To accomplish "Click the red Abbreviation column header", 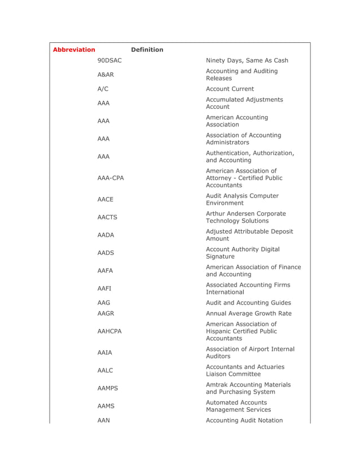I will (x=74, y=50).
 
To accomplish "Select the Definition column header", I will (x=147, y=50).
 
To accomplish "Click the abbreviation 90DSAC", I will (x=109, y=60).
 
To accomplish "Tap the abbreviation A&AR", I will (x=106, y=74).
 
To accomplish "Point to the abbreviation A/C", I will (x=103, y=89).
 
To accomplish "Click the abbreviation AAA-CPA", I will (x=111, y=178).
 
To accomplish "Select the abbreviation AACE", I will (x=106, y=199).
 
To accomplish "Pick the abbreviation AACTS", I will (x=107, y=217).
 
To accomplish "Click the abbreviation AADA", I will (x=106, y=235).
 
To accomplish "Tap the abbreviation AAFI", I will (x=104, y=288).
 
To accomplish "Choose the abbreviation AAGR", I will (x=106, y=313).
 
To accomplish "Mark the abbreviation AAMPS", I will (x=108, y=388).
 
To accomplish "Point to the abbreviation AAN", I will (x=103, y=420).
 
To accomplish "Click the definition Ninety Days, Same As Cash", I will (x=247, y=60).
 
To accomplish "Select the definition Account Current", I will (x=230, y=89).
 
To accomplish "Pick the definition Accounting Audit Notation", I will (x=244, y=420).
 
